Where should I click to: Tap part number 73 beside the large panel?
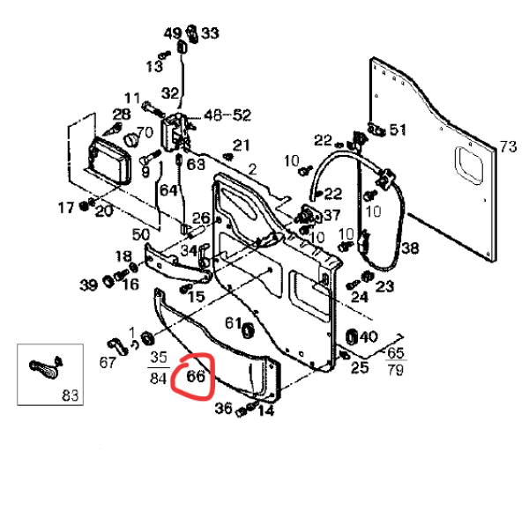508,146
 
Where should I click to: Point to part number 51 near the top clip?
399,130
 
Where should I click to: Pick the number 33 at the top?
210,33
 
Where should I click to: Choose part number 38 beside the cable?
411,248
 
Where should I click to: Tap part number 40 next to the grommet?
369,336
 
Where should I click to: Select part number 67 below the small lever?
108,363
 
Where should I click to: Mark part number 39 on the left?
88,285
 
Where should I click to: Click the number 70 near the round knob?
145,133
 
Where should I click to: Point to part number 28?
121,115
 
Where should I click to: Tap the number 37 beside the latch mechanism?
332,215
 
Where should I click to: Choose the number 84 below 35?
158,380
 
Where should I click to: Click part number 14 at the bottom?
265,410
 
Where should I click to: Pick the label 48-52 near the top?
227,115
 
